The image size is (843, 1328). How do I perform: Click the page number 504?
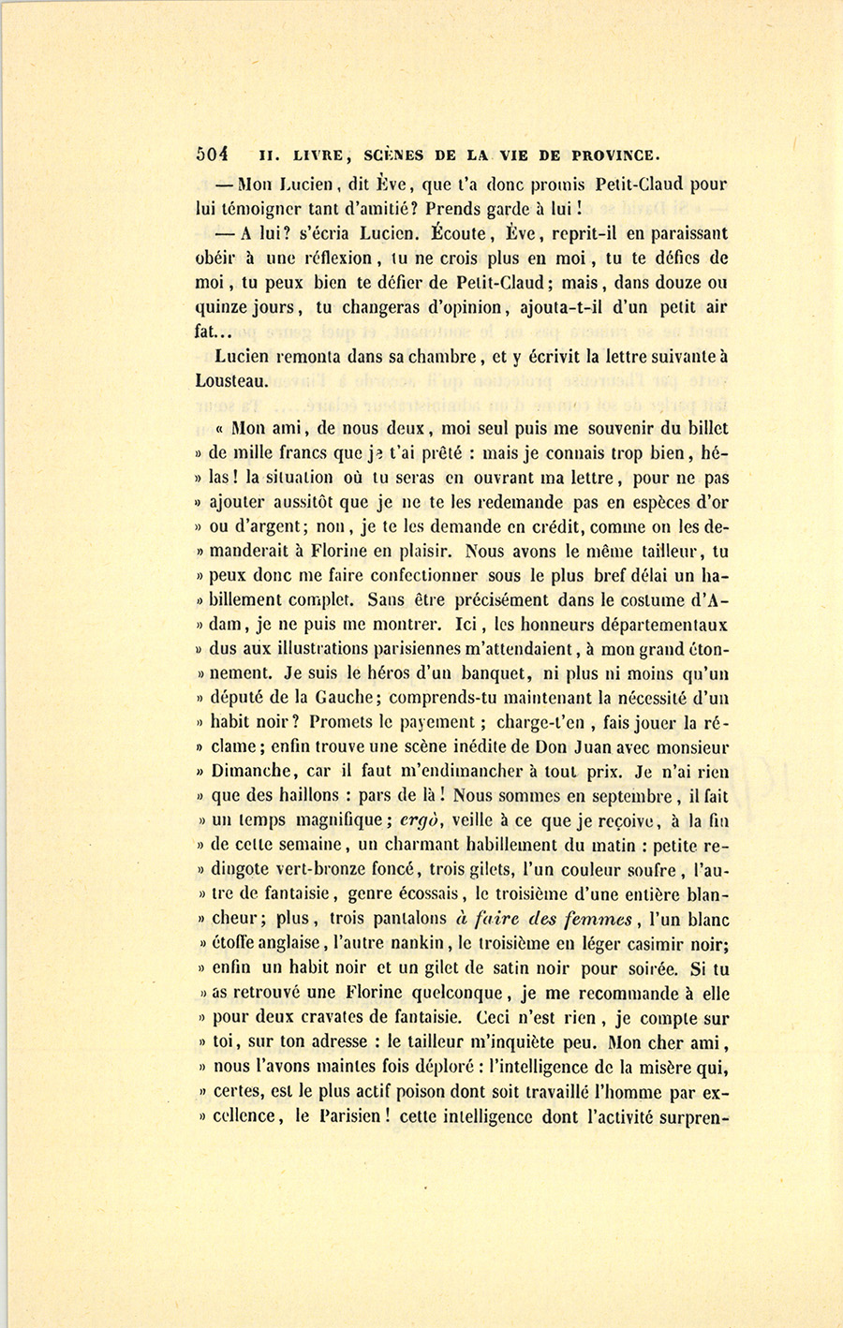[214, 155]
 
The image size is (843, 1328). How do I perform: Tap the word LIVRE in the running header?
[322, 155]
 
